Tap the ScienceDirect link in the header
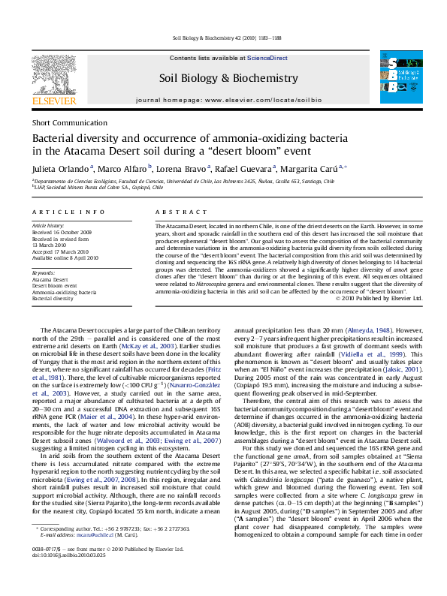267,58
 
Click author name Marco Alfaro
124,170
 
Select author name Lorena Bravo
183,170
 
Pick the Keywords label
44,272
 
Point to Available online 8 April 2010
65,257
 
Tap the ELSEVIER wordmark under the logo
53,99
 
